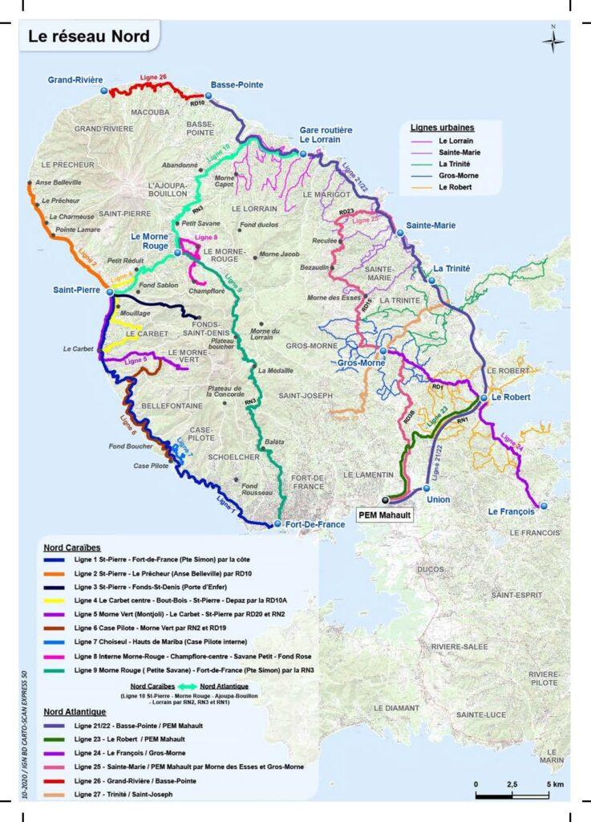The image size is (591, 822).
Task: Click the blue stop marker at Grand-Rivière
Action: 104,92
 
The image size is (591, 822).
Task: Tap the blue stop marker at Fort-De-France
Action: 277,524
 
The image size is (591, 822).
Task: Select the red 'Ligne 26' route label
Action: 152,77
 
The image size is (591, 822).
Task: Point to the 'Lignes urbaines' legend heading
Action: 442,128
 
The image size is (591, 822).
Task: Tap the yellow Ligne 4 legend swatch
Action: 57,601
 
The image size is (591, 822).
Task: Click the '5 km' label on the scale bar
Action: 552,783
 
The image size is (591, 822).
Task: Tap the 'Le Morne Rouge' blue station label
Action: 149,242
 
